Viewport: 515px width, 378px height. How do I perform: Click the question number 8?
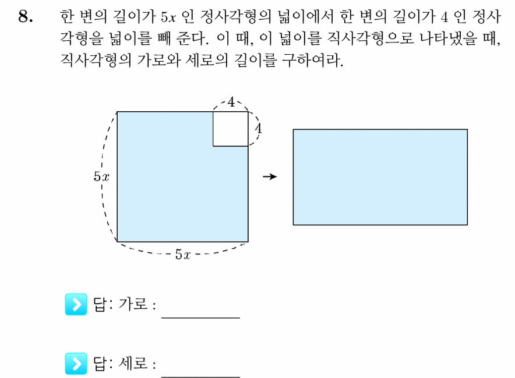[25, 16]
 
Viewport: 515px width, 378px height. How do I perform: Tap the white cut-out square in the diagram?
[230, 129]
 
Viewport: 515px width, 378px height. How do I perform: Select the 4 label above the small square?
[231, 102]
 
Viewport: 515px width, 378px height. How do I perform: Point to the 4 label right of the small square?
[259, 128]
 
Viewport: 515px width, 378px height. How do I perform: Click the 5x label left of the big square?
[101, 176]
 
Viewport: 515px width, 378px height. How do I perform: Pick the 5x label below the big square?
[183, 254]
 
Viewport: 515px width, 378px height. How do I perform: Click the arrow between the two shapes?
[270, 176]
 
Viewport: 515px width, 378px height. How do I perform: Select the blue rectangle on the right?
[380, 177]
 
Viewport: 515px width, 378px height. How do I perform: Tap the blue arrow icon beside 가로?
[76, 304]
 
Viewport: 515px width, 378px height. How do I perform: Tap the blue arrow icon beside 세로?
[76, 363]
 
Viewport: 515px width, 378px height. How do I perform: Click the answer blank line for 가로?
[200, 317]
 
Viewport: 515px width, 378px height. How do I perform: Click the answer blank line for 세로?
[200, 376]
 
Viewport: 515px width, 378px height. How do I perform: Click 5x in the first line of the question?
[168, 17]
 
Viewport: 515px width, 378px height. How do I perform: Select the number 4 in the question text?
[445, 17]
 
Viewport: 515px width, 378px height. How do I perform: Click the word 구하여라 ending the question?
[313, 60]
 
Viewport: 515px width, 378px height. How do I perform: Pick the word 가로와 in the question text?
[158, 60]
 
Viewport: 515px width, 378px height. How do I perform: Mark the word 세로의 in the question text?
[207, 60]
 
